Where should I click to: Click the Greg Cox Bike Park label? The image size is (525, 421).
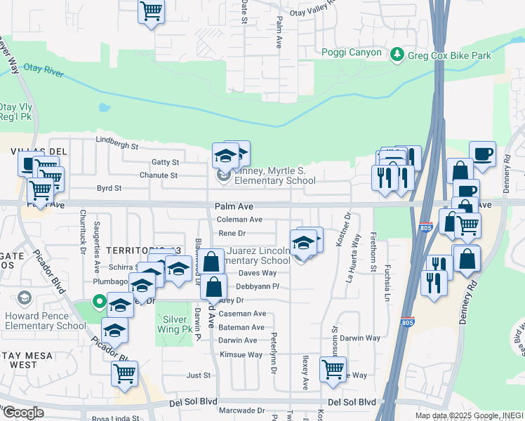[451, 55]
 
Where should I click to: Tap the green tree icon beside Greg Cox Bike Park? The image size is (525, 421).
[397, 54]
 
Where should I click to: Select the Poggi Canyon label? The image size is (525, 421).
[352, 53]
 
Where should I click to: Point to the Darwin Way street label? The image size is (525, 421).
[361, 338]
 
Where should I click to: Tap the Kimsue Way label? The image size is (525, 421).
[240, 354]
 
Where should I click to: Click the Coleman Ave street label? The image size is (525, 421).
[239, 220]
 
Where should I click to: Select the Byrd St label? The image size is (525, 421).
[109, 188]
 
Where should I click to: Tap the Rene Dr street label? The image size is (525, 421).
[232, 233]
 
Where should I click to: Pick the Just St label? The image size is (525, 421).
[194, 375]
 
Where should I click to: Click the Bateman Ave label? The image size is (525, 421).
[241, 327]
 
